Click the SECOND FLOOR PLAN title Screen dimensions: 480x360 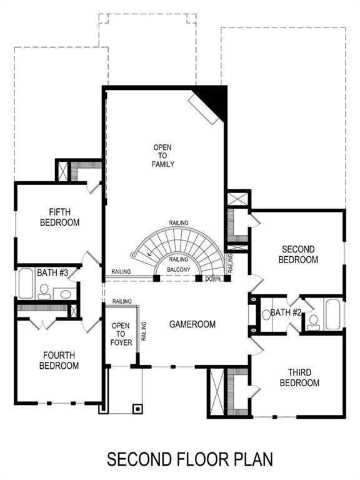tap(189, 459)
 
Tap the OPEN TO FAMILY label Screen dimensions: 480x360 tap(162, 156)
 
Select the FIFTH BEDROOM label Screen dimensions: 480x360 tap(60, 217)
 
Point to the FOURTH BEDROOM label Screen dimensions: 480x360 tap(61, 360)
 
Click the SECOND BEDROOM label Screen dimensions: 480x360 tap(297, 254)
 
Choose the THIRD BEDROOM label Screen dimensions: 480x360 tap(299, 377)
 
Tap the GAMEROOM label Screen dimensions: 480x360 tap(192, 324)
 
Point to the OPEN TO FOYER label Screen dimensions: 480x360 tap(120, 334)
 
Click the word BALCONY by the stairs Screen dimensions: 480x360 tap(179, 270)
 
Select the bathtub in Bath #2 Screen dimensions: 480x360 tap(332, 314)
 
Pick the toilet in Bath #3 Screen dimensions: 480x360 tap(44, 291)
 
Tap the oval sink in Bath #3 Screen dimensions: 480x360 tap(66, 294)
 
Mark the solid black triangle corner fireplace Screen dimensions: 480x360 tap(214, 99)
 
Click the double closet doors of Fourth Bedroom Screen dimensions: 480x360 tap(41, 324)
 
